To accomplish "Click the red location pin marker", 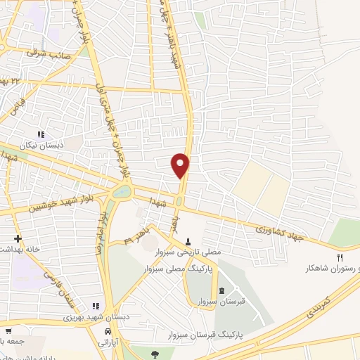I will pyautogui.click(x=181, y=165).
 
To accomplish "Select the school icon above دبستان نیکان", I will pyautogui.click(x=41, y=134).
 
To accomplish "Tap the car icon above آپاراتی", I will pyautogui.click(x=107, y=330).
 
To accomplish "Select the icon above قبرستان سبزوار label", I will pyautogui.click(x=222, y=291).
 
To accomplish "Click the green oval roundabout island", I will pyautogui.click(x=121, y=191).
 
